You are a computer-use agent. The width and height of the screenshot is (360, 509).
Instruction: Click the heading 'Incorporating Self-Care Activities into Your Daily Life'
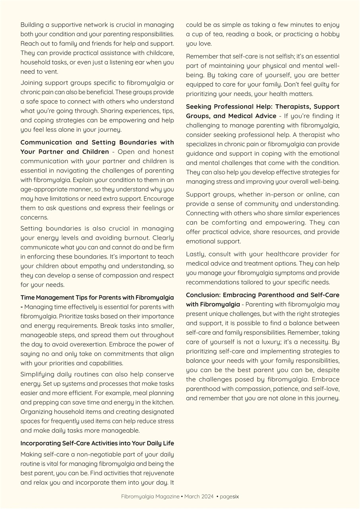[97, 443]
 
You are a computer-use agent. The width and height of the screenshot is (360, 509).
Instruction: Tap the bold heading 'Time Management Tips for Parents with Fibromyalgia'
[97, 297]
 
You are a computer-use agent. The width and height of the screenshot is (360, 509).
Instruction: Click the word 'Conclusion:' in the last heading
[203, 295]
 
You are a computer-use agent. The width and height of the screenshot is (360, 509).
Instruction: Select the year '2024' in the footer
[207, 496]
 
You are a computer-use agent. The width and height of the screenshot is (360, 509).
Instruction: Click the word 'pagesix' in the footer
[229, 496]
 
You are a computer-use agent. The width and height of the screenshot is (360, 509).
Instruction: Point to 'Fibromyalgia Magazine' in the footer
[150, 496]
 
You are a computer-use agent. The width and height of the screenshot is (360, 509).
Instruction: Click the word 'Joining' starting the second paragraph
[31, 83]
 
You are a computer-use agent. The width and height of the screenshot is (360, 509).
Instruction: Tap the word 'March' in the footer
[192, 496]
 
